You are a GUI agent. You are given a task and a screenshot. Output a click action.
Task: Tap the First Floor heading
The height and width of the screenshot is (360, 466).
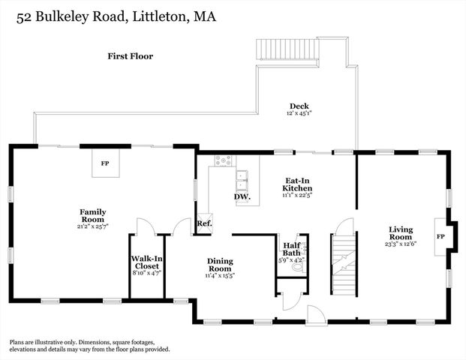(x=131, y=55)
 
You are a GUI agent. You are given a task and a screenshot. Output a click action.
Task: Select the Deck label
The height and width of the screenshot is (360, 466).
(x=300, y=106)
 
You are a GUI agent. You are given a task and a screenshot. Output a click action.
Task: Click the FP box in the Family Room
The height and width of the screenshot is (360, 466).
(x=106, y=163)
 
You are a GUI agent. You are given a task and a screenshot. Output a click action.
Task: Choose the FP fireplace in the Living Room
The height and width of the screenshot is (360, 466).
(x=440, y=237)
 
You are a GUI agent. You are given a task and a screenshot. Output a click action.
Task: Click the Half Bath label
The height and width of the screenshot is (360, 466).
(x=292, y=249)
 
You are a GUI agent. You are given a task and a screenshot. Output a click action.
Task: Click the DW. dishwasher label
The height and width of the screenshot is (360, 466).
(x=242, y=197)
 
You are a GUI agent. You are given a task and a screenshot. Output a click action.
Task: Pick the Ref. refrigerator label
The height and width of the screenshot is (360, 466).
(x=203, y=223)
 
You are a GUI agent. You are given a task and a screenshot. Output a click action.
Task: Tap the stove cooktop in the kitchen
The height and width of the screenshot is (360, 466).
(x=223, y=160)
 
